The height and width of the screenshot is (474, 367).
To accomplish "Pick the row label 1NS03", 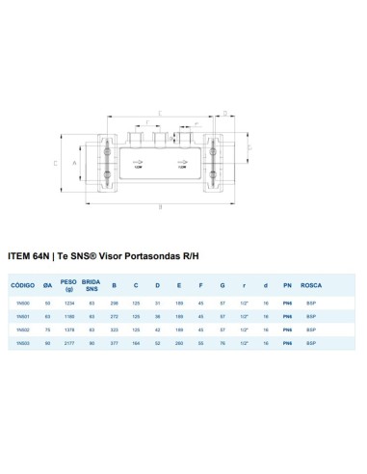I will pos(22,343).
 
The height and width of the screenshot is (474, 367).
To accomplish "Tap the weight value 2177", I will pos(68,343).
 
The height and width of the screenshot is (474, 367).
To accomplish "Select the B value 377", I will pos(115,343).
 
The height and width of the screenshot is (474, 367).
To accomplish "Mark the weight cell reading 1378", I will pos(68,329).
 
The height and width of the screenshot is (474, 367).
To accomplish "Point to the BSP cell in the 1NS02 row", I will pos(310,329).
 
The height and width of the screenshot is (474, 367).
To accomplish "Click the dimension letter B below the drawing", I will pos(161,205).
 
